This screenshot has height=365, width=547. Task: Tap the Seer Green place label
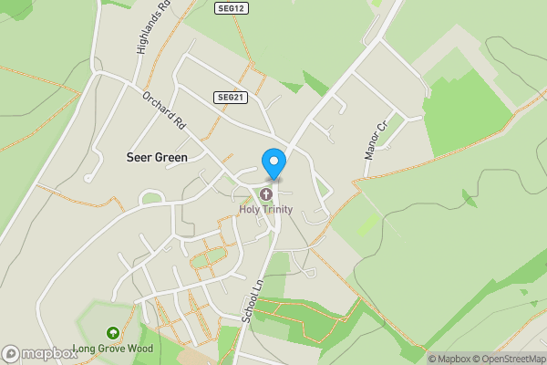[157, 158]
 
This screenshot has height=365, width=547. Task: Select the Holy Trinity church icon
[266, 194]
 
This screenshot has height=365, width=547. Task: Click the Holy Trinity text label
[266, 209]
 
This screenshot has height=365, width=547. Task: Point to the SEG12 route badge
[232, 8]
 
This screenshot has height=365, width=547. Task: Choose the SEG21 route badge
[232, 97]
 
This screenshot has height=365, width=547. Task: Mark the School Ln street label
[253, 298]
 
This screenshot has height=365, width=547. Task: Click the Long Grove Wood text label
[113, 349]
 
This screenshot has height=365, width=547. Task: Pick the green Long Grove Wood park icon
[113, 334]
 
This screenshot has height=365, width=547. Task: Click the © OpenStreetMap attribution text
[509, 359]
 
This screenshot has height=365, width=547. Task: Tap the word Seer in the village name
[139, 158]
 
